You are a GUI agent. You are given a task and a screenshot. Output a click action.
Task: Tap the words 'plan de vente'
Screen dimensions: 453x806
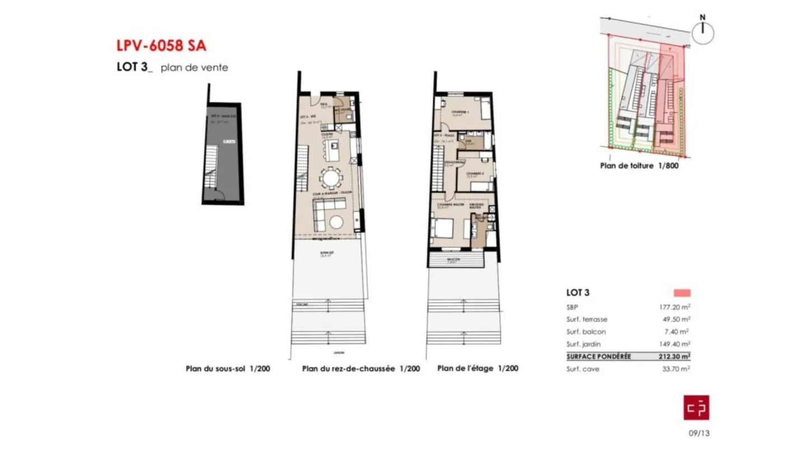194,68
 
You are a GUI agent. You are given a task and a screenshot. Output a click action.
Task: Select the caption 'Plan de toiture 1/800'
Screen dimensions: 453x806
639,166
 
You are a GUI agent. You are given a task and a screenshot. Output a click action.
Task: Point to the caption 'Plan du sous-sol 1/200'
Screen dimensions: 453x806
228,369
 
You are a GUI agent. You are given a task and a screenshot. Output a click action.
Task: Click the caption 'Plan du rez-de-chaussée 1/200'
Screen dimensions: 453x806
360,369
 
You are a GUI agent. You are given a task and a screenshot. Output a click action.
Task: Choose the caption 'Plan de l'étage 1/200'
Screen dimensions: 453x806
477,369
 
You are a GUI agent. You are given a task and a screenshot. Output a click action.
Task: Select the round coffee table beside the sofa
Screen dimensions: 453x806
337,222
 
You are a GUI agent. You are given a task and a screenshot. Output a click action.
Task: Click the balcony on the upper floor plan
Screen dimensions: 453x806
455,259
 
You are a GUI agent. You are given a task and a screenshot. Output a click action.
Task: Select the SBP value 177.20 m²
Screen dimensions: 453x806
674,306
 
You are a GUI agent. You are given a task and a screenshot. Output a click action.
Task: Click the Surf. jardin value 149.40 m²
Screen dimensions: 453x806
674,344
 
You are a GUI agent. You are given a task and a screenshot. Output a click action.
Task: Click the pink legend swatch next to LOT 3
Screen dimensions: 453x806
682,292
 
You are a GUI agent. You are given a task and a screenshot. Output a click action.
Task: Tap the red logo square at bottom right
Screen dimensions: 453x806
696,407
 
